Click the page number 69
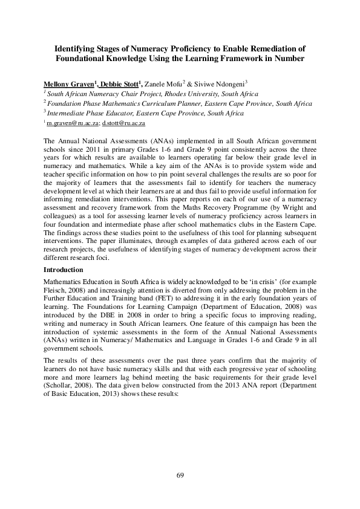click(x=180, y=476)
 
